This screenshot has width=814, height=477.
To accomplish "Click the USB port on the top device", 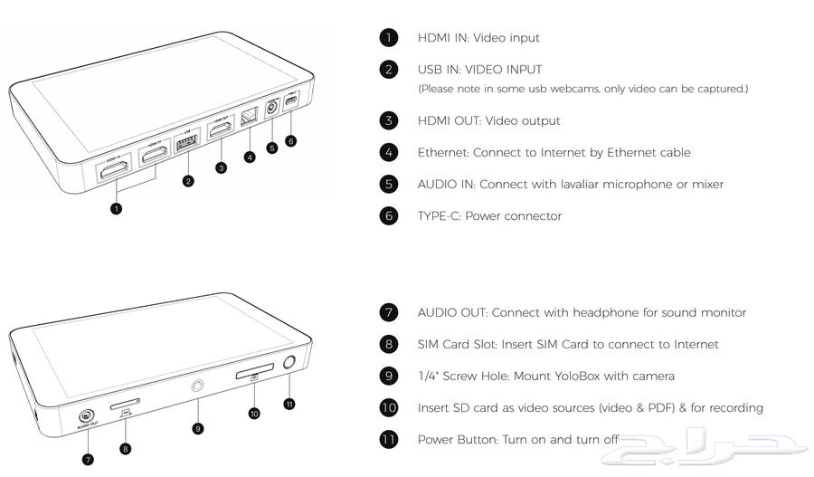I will pos(187,145).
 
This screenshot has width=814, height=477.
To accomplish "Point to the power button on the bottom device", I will pos(289,364).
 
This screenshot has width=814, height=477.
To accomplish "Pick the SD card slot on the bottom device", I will pos(254,374).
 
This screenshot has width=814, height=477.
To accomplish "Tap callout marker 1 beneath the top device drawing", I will pos(116,208).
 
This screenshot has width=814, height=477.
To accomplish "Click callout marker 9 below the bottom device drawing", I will pos(198,427).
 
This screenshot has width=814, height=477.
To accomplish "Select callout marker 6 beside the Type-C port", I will pos(290,141).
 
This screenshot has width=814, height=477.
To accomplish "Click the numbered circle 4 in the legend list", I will pos(388,152).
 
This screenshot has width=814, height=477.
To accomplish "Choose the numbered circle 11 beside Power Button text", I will pos(388,439).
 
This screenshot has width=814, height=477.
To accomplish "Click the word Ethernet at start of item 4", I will pos(443,152).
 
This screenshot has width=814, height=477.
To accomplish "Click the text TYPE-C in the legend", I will pos(439,215).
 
